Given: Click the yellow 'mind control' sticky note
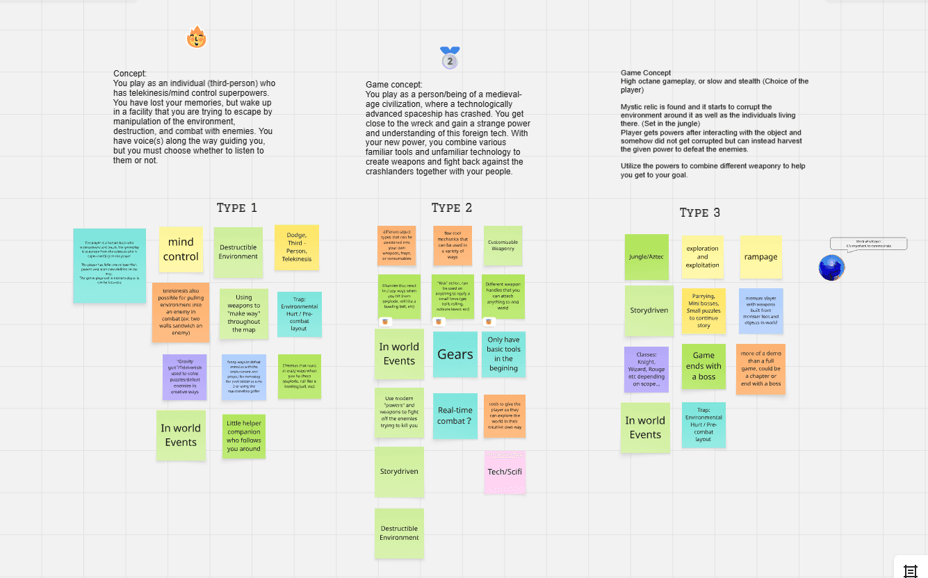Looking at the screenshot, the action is pyautogui.click(x=181, y=249).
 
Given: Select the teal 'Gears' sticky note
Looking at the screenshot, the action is pyautogui.click(x=455, y=354).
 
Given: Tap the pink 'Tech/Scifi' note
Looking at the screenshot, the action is pyautogui.click(x=505, y=472).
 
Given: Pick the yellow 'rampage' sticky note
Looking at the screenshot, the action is pyautogui.click(x=760, y=256).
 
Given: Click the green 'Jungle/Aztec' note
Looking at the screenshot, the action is pyautogui.click(x=646, y=256).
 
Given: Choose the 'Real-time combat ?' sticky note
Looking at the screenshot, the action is pyautogui.click(x=455, y=415).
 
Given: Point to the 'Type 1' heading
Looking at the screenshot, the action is pyautogui.click(x=237, y=208).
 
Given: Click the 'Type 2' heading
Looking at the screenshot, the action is pyautogui.click(x=452, y=208).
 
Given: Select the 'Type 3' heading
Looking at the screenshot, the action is pyautogui.click(x=700, y=213).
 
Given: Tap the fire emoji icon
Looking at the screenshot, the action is pyautogui.click(x=197, y=37).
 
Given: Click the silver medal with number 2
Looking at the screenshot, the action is pyautogui.click(x=450, y=58).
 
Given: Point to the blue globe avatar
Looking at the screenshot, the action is pyautogui.click(x=831, y=267).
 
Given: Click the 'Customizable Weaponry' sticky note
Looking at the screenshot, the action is pyautogui.click(x=503, y=245).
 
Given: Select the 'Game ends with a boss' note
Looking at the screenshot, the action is pyautogui.click(x=703, y=366).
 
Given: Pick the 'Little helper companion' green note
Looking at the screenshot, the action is pyautogui.click(x=244, y=436).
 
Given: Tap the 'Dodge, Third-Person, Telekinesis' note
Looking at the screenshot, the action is pyautogui.click(x=297, y=247).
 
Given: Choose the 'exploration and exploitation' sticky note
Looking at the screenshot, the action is pyautogui.click(x=703, y=256).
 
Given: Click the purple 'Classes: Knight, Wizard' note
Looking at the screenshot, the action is pyautogui.click(x=646, y=370).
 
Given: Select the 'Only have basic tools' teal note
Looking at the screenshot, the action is pyautogui.click(x=503, y=354).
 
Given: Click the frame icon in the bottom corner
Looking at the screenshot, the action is pyautogui.click(x=910, y=570).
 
